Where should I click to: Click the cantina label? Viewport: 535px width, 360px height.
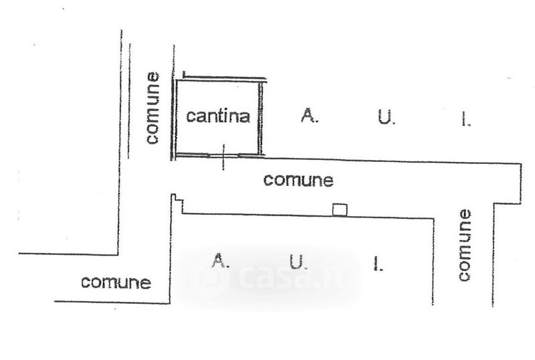(218, 116)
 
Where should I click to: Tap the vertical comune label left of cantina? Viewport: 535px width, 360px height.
(153, 108)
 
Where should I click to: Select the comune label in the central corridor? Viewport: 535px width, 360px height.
(298, 180)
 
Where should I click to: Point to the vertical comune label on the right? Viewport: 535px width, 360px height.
(465, 244)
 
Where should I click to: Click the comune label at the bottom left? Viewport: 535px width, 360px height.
(116, 282)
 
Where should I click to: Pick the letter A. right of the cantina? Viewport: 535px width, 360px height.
(309, 116)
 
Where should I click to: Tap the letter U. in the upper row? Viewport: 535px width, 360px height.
(387, 118)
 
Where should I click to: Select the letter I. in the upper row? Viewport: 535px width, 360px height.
(466, 119)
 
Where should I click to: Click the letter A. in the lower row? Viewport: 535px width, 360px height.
(221, 261)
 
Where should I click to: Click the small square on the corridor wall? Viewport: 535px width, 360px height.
(340, 209)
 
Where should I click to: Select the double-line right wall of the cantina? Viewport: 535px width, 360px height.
(261, 117)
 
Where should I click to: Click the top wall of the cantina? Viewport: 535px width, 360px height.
(221, 78)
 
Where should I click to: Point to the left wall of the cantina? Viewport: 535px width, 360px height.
(175, 117)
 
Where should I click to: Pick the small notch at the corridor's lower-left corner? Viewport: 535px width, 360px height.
(176, 200)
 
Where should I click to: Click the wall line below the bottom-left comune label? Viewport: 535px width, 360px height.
(110, 302)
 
